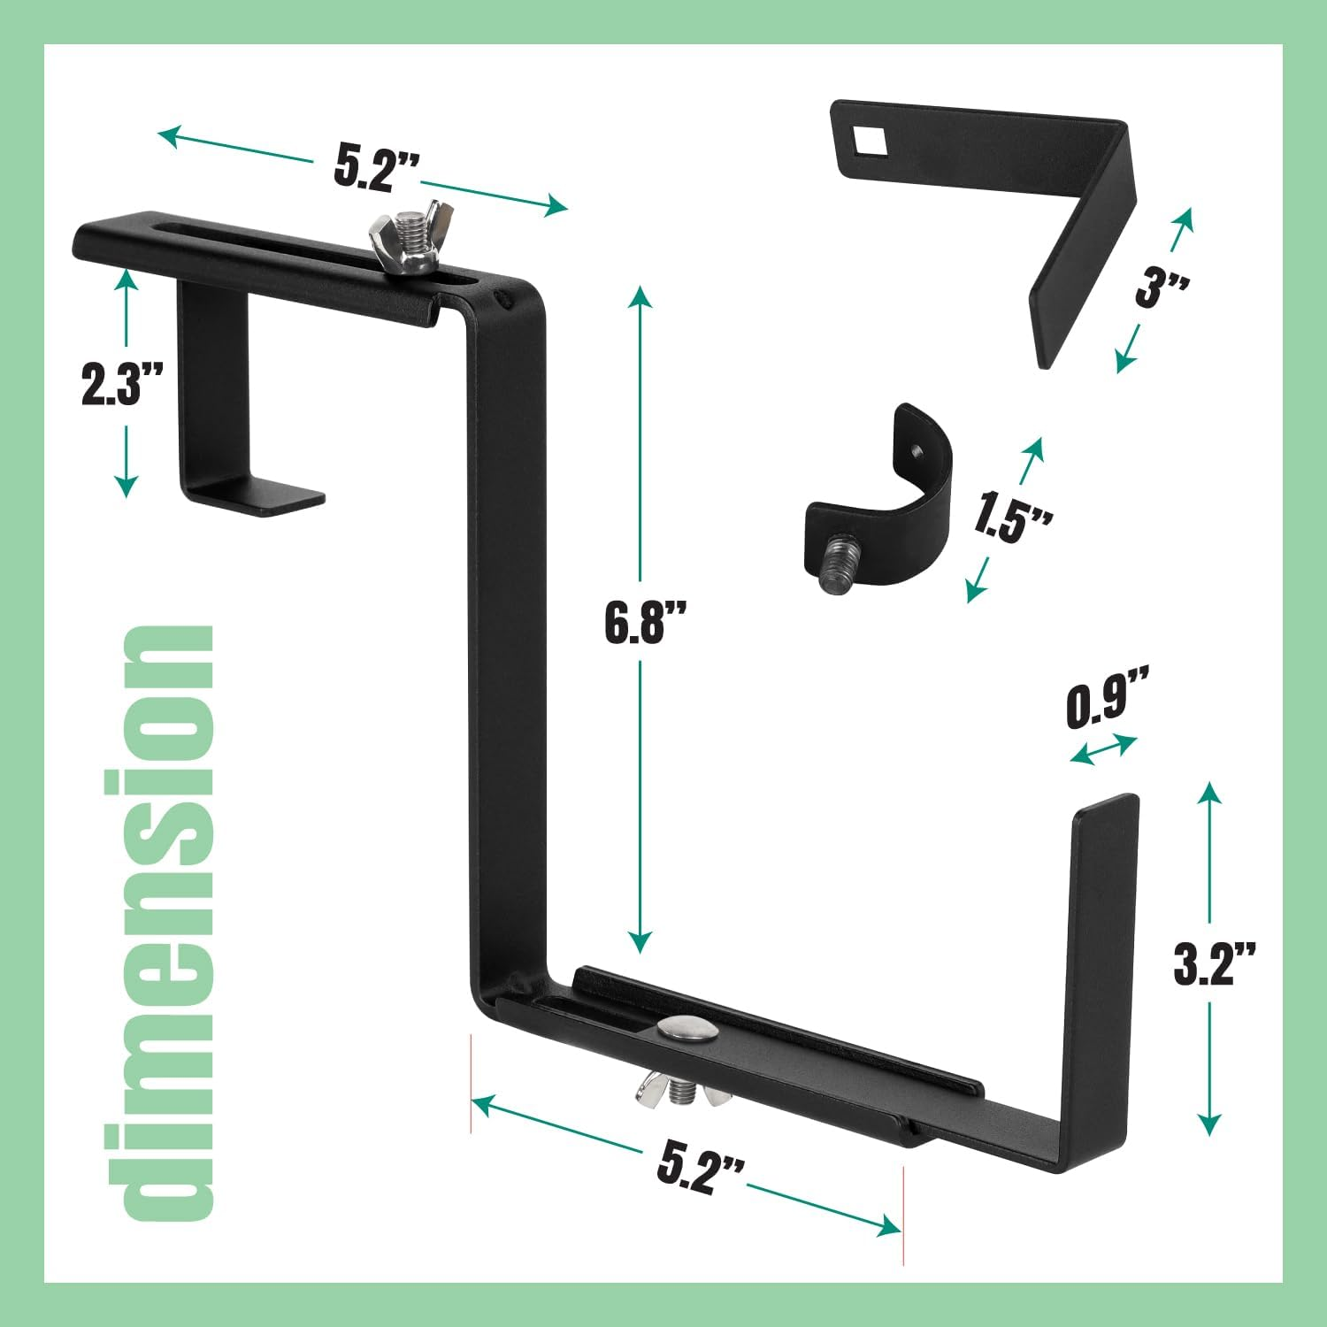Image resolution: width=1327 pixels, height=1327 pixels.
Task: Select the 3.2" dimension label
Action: click(x=1214, y=964)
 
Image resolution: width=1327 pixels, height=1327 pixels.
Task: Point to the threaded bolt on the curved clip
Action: click(x=837, y=564)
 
